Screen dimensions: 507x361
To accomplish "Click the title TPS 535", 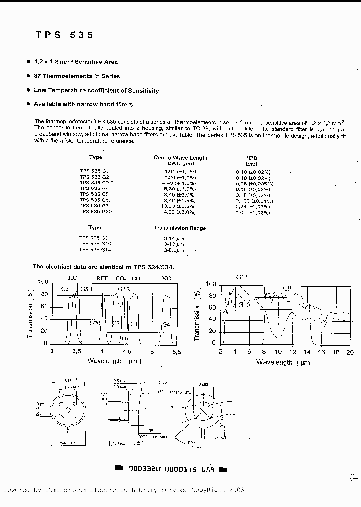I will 64,35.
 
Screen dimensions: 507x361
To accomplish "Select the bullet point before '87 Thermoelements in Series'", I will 28,76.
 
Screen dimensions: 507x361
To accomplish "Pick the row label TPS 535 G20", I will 95,212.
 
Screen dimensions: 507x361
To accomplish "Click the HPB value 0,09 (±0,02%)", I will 253,212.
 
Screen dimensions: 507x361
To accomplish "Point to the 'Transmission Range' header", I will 179,228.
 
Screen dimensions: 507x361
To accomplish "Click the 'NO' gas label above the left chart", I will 166,278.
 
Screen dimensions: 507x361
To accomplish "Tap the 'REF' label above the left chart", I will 102,278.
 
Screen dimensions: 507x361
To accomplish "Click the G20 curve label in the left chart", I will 95,323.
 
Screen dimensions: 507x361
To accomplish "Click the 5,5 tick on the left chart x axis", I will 176,352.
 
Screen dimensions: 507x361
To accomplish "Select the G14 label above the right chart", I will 242,277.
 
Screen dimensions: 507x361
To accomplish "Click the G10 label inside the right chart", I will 244,304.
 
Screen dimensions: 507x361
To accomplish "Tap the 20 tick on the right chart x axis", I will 349,352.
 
